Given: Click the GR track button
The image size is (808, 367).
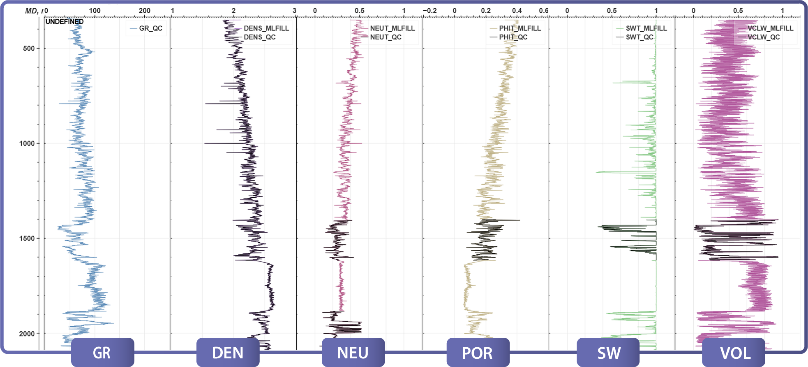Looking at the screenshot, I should pos(102,353).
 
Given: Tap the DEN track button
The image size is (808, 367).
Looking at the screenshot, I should pos(228,353).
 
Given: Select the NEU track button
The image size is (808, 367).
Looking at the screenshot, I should pos(353,353).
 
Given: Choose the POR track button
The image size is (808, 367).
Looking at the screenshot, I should pos(478,353).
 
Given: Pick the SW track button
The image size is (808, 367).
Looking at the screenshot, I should pos(608,353).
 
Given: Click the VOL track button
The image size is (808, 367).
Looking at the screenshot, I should pos(734,353).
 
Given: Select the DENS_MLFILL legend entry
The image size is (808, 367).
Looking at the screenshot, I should pos(266,28).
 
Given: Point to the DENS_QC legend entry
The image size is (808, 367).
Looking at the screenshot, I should pos(259,37).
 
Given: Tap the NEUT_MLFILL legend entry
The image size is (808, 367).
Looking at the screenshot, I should pos(392,28).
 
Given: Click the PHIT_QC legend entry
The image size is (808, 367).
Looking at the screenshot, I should pos(513,37).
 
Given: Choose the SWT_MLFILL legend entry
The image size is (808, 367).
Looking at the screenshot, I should pos(646,28).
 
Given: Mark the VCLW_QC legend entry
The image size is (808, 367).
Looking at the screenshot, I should pos(763,37).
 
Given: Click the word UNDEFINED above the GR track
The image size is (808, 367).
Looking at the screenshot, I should pos(65,21).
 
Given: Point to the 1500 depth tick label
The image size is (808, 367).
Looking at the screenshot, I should pos(27,238).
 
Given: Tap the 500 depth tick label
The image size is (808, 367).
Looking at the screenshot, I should pos(29,48).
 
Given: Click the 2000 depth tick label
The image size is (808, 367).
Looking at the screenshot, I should pos(27,334).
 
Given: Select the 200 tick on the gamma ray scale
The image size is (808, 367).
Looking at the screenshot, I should pos(145,11).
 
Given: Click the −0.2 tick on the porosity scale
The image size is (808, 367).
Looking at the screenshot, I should pos(430,11).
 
